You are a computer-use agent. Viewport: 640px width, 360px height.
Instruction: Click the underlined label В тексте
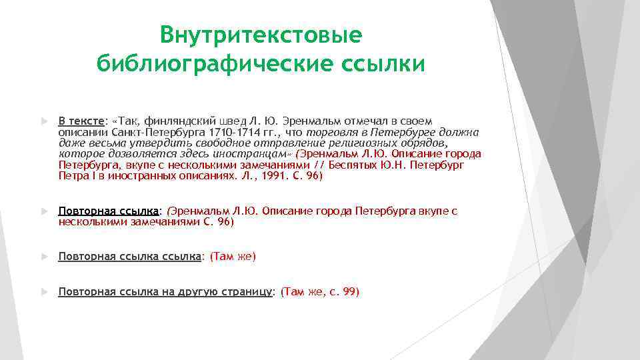(x=81, y=121)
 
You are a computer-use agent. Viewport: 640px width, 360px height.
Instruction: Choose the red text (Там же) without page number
(x=233, y=256)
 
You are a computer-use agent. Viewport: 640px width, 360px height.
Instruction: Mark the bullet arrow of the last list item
(x=44, y=292)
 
